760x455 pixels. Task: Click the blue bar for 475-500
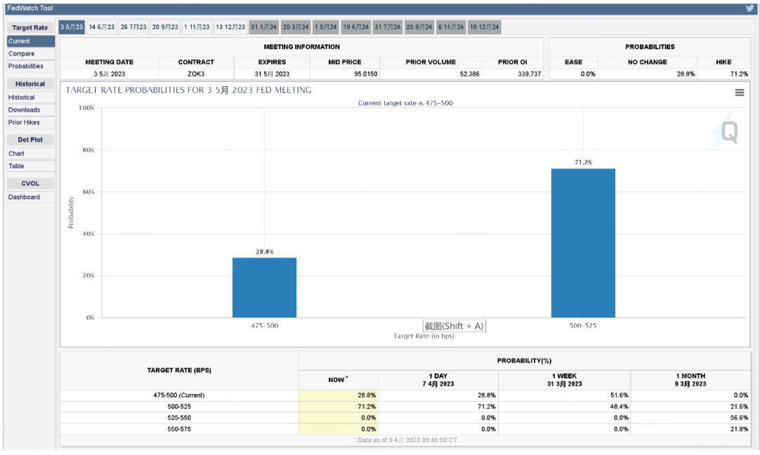pos(264,287)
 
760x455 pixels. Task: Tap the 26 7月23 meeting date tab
pos(133,27)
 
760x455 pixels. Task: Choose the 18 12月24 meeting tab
pos(485,27)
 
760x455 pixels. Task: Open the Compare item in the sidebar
pos(21,53)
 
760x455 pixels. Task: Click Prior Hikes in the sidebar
pos(24,122)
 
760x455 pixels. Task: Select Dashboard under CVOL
pos(24,197)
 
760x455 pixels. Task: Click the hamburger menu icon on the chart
pos(740,93)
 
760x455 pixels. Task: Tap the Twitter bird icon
pos(750,8)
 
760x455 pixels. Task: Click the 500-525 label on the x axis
pos(583,326)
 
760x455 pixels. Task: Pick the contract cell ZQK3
pos(196,74)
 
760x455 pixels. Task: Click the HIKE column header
pos(723,62)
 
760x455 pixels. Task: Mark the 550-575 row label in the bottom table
pos(179,429)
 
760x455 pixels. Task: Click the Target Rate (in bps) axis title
pos(424,336)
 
